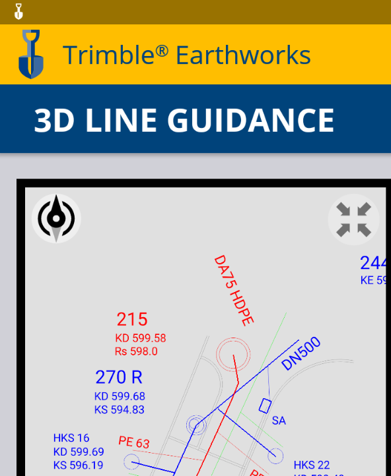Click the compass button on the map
click(x=56, y=218)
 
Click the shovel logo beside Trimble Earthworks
click(x=30, y=54)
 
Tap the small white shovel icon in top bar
click(x=18, y=11)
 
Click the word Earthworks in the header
click(x=243, y=55)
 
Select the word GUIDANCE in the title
click(x=251, y=121)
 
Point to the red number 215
click(x=132, y=320)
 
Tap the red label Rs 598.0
click(x=136, y=351)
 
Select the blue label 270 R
click(x=119, y=378)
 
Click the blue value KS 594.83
click(x=120, y=409)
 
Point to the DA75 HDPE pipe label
click(x=234, y=289)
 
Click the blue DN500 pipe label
click(x=301, y=353)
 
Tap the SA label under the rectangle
click(x=279, y=421)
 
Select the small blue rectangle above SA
click(x=266, y=405)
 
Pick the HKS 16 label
click(x=71, y=438)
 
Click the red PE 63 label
click(x=134, y=442)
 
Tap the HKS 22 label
click(x=312, y=465)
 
